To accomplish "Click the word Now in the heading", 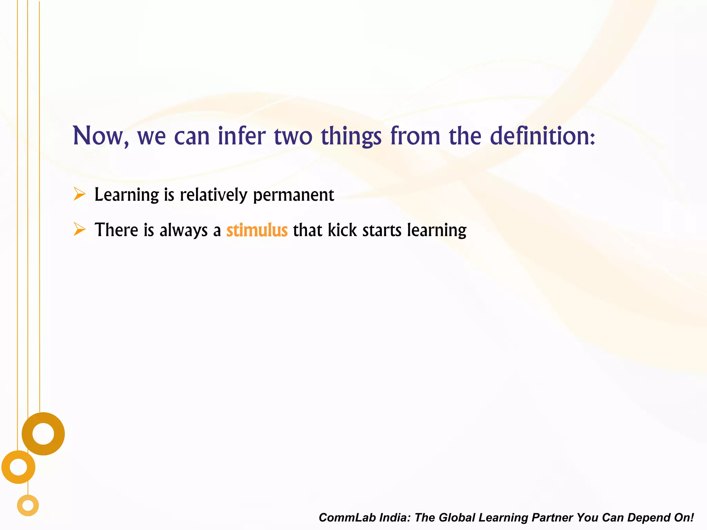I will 98,136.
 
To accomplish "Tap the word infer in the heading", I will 242,136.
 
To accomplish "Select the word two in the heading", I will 293,136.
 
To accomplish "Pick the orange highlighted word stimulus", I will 257,230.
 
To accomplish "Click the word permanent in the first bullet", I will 293,195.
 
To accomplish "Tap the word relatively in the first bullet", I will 214,195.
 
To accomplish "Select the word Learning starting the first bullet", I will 127,195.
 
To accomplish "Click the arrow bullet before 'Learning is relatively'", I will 79,194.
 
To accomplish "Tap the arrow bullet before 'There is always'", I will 79,229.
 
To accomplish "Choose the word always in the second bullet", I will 183,230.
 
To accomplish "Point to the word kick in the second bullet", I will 342,230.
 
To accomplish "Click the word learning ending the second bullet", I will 437,230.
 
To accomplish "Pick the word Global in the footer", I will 456,518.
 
